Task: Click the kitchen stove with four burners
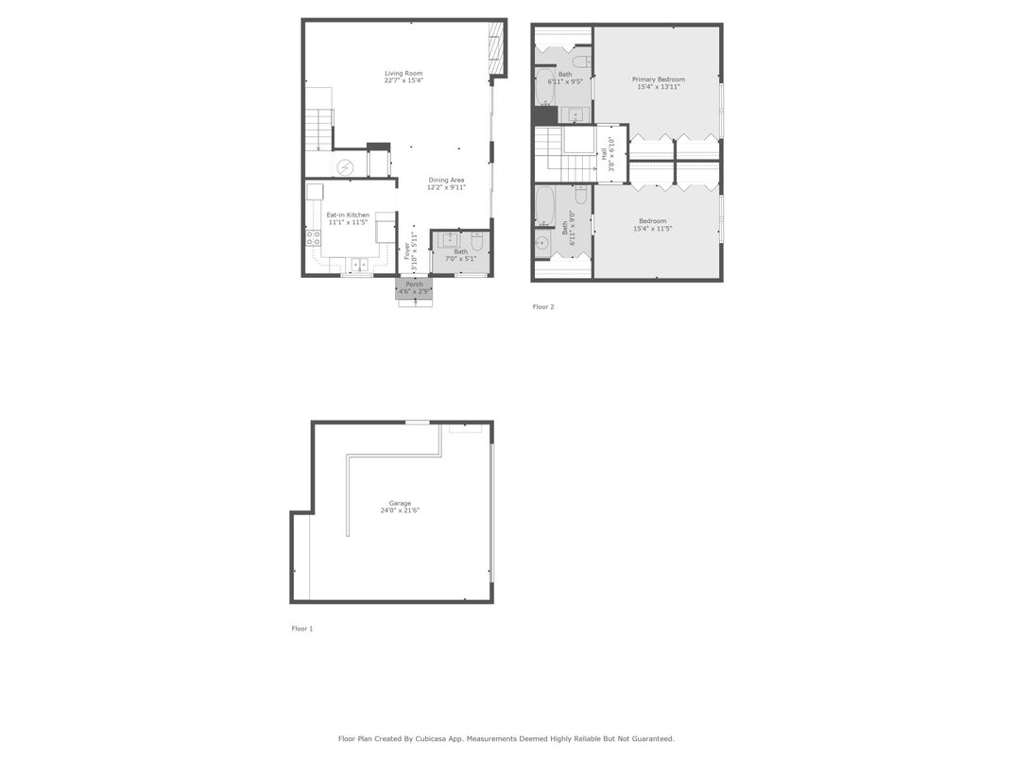(x=313, y=238)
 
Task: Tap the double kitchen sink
(x=361, y=264)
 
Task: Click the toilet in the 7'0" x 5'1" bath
(x=477, y=243)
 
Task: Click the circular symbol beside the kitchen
(x=345, y=167)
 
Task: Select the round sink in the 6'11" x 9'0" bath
(x=541, y=243)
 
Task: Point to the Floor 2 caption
(x=543, y=307)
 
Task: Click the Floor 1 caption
(x=302, y=629)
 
